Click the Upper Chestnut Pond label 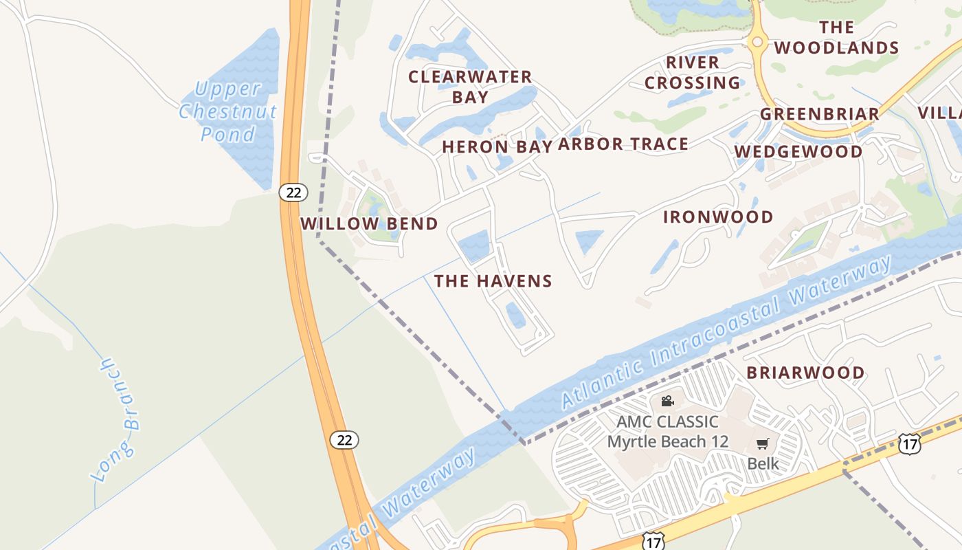pos(227,111)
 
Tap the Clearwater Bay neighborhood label pos(470,87)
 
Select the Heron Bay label pos(497,146)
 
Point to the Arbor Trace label pos(623,144)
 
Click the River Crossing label pos(693,73)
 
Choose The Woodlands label pos(836,38)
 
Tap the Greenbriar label pos(820,114)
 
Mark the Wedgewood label pos(798,151)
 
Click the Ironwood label pos(718,217)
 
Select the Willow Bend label pos(369,223)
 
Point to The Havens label pos(493,280)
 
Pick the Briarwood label pos(805,373)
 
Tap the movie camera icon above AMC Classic pos(667,401)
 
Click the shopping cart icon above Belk pos(762,444)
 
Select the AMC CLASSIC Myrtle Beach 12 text pos(667,432)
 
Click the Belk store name pos(763,463)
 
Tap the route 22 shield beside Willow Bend pos(293,192)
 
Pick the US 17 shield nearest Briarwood pos(909,443)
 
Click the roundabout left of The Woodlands pos(757,42)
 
